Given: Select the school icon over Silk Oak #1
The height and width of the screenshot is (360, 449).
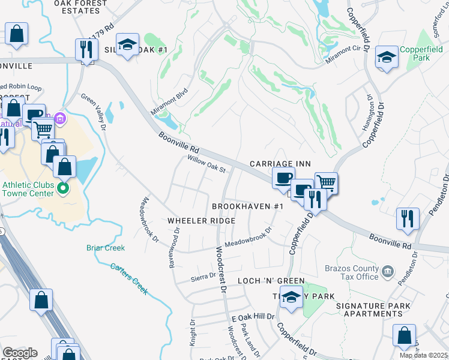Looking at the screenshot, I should (127, 45).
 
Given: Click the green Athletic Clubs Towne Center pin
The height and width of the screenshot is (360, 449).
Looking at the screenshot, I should (63, 190).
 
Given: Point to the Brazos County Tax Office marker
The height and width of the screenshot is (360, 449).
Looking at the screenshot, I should (387, 271).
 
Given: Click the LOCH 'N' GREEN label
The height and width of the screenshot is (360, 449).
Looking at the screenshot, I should (271, 281).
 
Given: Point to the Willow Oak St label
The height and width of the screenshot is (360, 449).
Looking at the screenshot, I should (206, 165).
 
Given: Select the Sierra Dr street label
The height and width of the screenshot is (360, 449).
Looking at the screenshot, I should (203, 275).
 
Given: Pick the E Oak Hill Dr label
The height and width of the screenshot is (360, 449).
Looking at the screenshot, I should (252, 317).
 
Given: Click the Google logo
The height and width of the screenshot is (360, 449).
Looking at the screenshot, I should (20, 353).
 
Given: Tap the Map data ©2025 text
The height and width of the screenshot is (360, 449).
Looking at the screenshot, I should (423, 356).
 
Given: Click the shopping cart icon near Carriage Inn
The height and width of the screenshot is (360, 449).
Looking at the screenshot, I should (326, 182).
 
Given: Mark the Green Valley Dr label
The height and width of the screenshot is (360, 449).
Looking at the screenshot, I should (94, 112).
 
